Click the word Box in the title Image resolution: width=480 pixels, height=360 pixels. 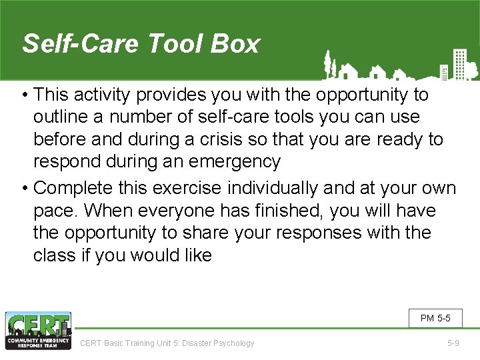(x=235, y=44)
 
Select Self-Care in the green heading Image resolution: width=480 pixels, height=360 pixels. (x=80, y=44)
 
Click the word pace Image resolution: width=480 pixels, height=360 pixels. (x=55, y=211)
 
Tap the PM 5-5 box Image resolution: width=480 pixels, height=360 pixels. (x=435, y=319)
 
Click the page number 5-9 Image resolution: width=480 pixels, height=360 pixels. (x=453, y=343)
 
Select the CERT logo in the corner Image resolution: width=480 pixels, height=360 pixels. (x=37, y=331)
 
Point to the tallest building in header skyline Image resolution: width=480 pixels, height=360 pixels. (x=459, y=63)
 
